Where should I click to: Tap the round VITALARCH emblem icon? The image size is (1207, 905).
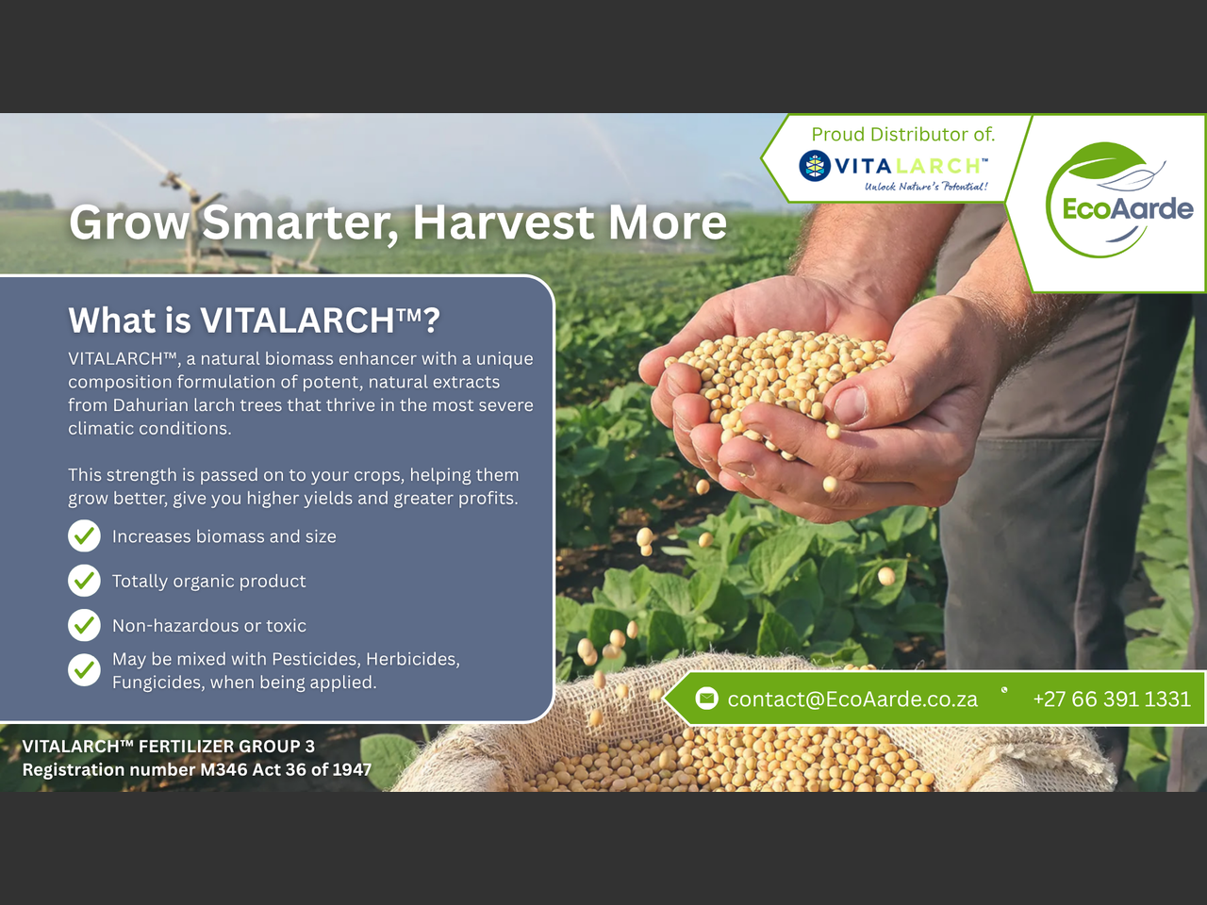(815, 165)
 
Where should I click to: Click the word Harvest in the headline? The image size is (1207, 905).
(504, 222)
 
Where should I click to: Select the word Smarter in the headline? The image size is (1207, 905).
(300, 223)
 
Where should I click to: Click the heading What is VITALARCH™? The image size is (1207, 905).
(254, 320)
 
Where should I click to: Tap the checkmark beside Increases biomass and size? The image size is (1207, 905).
(84, 535)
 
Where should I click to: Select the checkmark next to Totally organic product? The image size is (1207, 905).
(84, 581)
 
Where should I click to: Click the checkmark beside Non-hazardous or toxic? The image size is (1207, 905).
(84, 625)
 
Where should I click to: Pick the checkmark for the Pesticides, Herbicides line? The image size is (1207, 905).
(84, 670)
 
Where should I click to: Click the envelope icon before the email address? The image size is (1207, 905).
(706, 699)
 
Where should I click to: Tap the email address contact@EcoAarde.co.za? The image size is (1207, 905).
(852, 699)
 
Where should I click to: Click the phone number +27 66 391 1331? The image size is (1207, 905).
(1112, 699)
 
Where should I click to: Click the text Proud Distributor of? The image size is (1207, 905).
(903, 134)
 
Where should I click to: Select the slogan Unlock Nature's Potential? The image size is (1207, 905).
(927, 187)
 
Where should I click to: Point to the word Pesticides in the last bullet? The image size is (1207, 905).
(316, 659)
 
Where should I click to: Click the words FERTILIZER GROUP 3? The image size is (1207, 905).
(226, 747)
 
